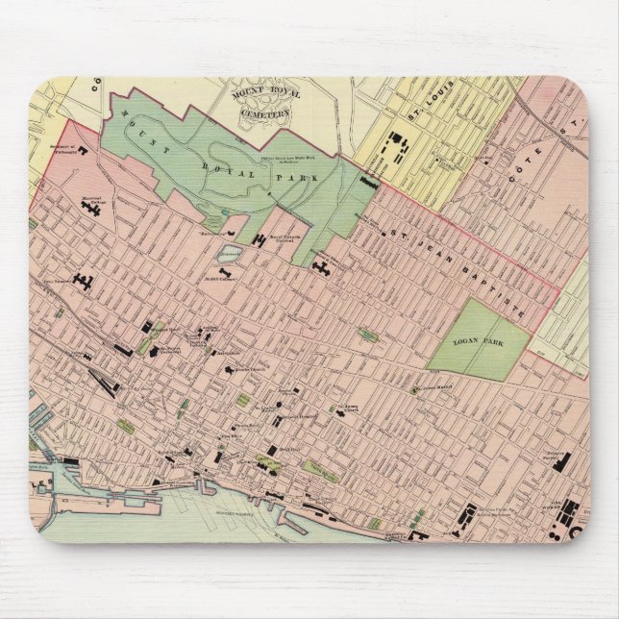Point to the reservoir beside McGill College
pyautogui.click(x=230, y=255)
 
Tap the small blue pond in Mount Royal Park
pyautogui.click(x=224, y=214)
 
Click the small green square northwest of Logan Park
pyautogui.click(x=367, y=334)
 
